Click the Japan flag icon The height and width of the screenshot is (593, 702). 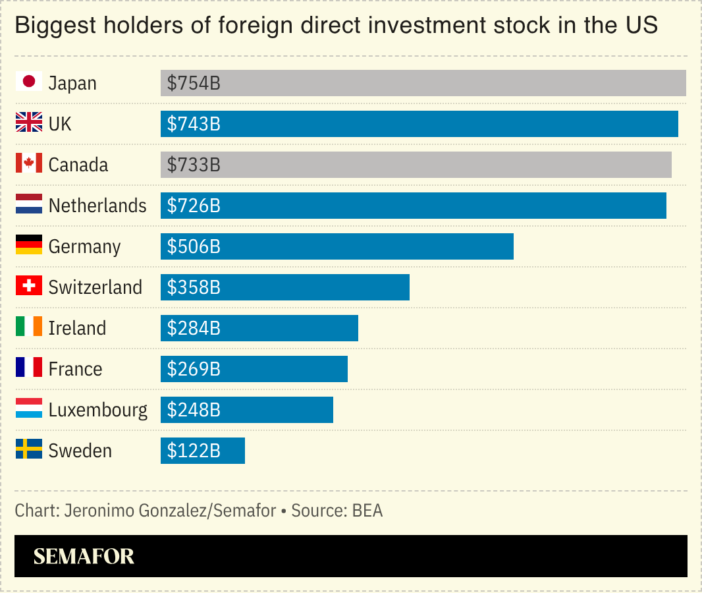[29, 82]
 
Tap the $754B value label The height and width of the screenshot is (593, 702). [194, 83]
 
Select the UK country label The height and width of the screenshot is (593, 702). [60, 124]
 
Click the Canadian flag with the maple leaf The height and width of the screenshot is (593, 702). [29, 163]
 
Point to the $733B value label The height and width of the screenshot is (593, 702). [194, 165]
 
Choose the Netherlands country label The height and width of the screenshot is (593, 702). [97, 206]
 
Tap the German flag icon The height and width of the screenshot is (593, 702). [29, 245]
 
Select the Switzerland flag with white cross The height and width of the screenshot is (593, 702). [29, 286]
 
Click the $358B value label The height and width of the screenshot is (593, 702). [194, 287]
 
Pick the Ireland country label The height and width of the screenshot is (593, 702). [77, 328]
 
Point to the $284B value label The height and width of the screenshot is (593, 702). [194, 328]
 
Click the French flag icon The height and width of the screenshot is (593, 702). [29, 368]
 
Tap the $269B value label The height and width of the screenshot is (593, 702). [194, 369]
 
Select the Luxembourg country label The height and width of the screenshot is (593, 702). [98, 410]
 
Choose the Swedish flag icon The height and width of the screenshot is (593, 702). [29, 449]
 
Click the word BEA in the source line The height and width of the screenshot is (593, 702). [367, 511]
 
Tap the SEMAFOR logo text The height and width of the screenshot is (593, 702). [84, 556]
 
